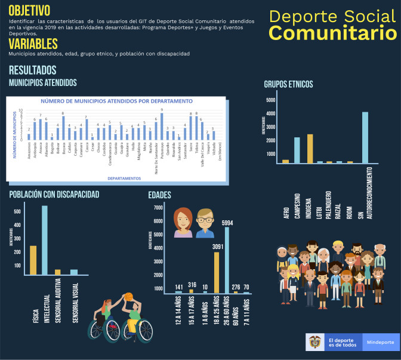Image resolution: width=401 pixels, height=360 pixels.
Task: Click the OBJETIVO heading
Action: click(x=29, y=10)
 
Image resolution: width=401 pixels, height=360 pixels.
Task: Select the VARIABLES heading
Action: click(x=33, y=44)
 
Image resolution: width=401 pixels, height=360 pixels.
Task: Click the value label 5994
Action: click(x=227, y=223)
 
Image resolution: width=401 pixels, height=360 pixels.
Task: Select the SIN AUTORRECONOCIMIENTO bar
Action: click(x=365, y=137)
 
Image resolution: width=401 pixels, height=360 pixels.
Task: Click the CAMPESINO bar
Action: click(x=297, y=150)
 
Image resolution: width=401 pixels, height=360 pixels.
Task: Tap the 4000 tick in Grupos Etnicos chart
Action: click(x=270, y=113)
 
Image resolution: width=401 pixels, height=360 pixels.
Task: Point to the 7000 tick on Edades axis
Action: click(x=158, y=207)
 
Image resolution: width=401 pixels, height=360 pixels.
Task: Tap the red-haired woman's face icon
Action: click(x=183, y=223)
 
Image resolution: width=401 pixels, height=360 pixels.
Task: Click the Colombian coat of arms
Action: click(x=314, y=342)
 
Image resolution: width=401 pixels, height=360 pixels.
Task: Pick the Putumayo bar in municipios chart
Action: click(x=162, y=127)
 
